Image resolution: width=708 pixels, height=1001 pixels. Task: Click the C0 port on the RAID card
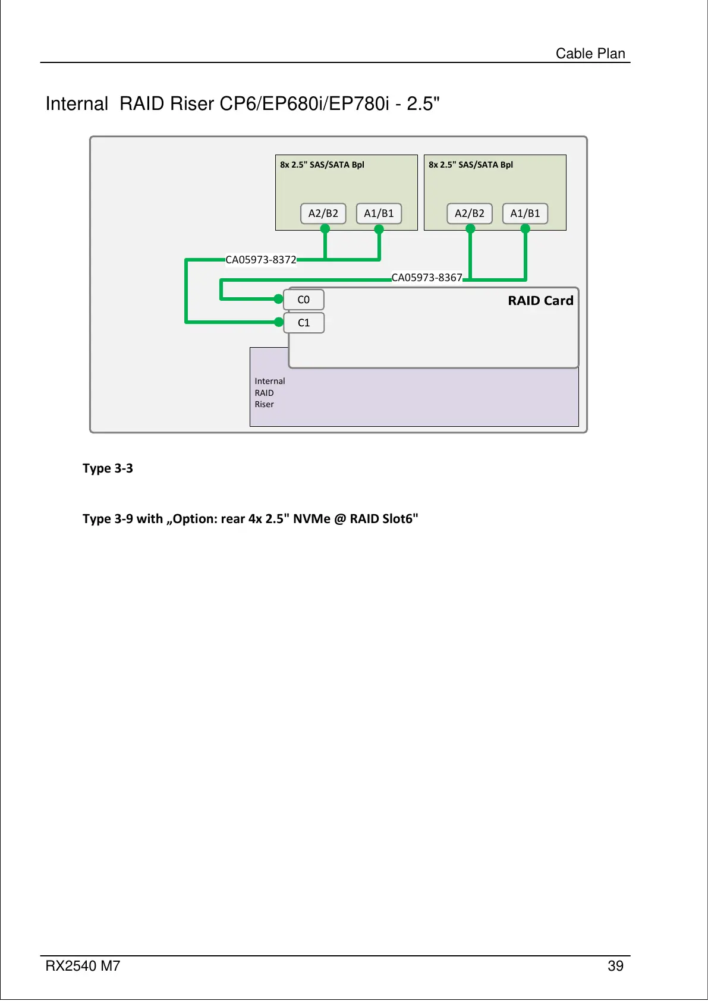[303, 300]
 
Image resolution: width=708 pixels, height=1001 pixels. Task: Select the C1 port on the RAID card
[303, 323]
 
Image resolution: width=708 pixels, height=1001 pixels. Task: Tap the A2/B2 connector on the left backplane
[323, 213]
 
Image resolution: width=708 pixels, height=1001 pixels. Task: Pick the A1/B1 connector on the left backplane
[379, 213]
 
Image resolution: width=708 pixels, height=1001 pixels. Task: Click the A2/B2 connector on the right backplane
[469, 213]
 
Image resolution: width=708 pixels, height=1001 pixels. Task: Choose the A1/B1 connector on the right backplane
[525, 213]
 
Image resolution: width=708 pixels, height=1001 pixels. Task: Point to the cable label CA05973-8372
[260, 260]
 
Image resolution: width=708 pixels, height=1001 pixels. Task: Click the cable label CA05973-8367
[426, 278]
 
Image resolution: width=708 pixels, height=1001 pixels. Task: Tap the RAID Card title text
[540, 301]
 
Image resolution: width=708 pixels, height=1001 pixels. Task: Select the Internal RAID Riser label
[269, 393]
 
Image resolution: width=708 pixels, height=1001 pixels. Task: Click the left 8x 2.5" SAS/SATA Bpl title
[322, 165]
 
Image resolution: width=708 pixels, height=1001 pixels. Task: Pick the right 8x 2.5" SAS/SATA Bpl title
[471, 165]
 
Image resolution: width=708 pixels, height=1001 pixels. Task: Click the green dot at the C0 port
[278, 299]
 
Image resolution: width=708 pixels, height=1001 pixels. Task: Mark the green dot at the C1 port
[279, 322]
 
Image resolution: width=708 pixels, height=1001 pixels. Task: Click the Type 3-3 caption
[108, 468]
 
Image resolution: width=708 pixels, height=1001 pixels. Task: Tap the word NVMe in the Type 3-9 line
[311, 519]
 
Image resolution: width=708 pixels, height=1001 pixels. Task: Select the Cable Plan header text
[590, 53]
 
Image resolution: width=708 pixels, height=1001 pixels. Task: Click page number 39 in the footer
[615, 966]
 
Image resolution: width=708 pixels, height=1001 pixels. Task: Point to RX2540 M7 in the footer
[83, 966]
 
